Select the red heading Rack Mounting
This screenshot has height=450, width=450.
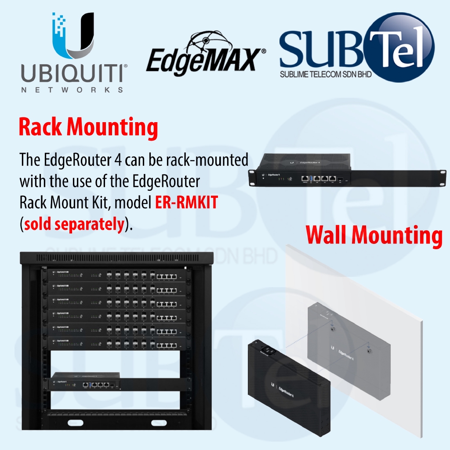pos(88,127)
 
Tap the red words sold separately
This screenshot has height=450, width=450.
pos(73,224)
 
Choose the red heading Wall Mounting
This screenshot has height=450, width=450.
pos(374,236)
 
